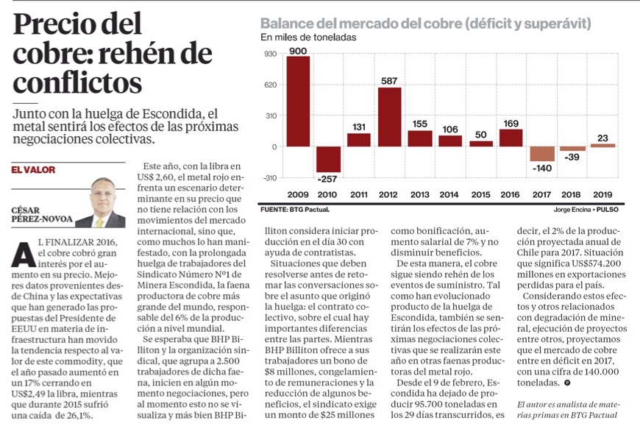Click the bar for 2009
point(298,101)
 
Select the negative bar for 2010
point(328,159)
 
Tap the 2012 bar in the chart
point(389,116)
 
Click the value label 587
point(389,81)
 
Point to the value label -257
point(328,179)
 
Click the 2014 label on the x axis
point(450,194)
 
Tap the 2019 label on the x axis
point(603,194)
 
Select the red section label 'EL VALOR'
point(33,170)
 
